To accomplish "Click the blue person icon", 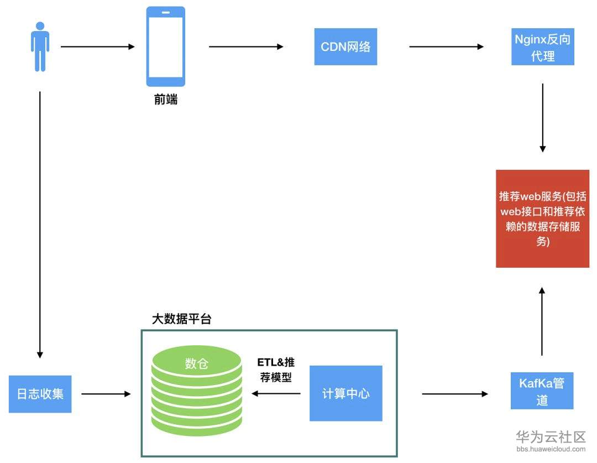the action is point(40,47).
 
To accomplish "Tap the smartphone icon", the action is point(166,46).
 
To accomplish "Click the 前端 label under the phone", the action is point(166,100).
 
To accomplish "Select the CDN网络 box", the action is point(345,46).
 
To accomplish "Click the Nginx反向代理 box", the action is point(543,47).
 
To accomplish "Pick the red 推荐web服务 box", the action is point(543,219).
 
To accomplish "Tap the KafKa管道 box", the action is point(542,391).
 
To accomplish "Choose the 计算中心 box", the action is point(345,393).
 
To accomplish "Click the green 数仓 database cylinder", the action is point(196,391).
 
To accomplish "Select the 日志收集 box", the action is point(40,394).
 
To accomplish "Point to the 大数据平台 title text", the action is point(182,319).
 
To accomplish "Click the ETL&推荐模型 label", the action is point(276,370).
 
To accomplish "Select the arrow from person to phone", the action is point(98,46).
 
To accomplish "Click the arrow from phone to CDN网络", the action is point(247,46).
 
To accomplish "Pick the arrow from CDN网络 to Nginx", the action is point(447,46).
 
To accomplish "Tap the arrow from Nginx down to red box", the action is point(543,118).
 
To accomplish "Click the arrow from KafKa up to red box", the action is point(542,321).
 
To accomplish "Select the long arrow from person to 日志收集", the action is point(40,225).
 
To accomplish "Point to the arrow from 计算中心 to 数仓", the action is point(276,394).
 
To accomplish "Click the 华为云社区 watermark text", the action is point(551,436).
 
